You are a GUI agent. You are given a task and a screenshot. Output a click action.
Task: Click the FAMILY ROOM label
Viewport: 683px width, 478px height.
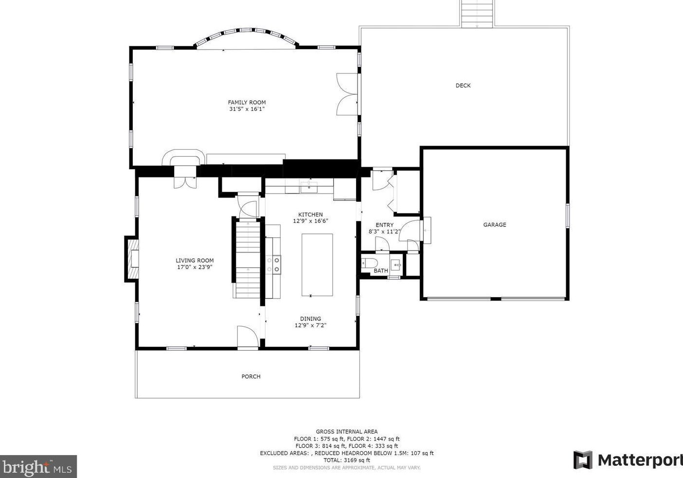(247, 102)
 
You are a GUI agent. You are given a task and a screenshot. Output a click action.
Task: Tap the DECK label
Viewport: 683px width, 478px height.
(463, 86)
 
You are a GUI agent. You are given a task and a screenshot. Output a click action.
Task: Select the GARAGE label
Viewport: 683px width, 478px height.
(494, 225)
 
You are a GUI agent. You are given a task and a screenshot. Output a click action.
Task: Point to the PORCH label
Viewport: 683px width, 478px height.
(251, 376)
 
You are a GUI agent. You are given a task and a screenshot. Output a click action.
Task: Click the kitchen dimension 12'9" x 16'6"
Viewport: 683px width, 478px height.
(310, 221)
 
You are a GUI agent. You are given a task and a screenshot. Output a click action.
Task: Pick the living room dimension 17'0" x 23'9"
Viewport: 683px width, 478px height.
(195, 267)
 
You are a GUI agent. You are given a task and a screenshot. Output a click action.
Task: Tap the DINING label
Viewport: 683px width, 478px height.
(310, 319)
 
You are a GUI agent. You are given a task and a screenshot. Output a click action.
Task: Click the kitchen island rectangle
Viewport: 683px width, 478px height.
(317, 265)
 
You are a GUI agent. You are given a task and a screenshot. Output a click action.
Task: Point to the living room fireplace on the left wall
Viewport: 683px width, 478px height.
(132, 259)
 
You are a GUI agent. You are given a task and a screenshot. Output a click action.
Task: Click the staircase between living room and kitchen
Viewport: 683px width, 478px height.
(248, 258)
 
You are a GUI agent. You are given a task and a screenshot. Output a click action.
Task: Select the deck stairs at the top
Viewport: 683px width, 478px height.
(477, 14)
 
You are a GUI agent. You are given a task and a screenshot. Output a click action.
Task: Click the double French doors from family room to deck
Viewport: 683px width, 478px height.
(348, 95)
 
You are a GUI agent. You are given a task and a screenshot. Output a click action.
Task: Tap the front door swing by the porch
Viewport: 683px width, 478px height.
(247, 336)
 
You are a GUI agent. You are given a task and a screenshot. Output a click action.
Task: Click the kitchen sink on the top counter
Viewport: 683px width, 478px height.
(309, 186)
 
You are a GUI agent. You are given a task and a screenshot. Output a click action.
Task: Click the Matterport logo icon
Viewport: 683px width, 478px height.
(583, 460)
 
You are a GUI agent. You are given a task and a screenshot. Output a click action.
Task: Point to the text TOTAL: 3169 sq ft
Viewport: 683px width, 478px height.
(346, 460)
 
